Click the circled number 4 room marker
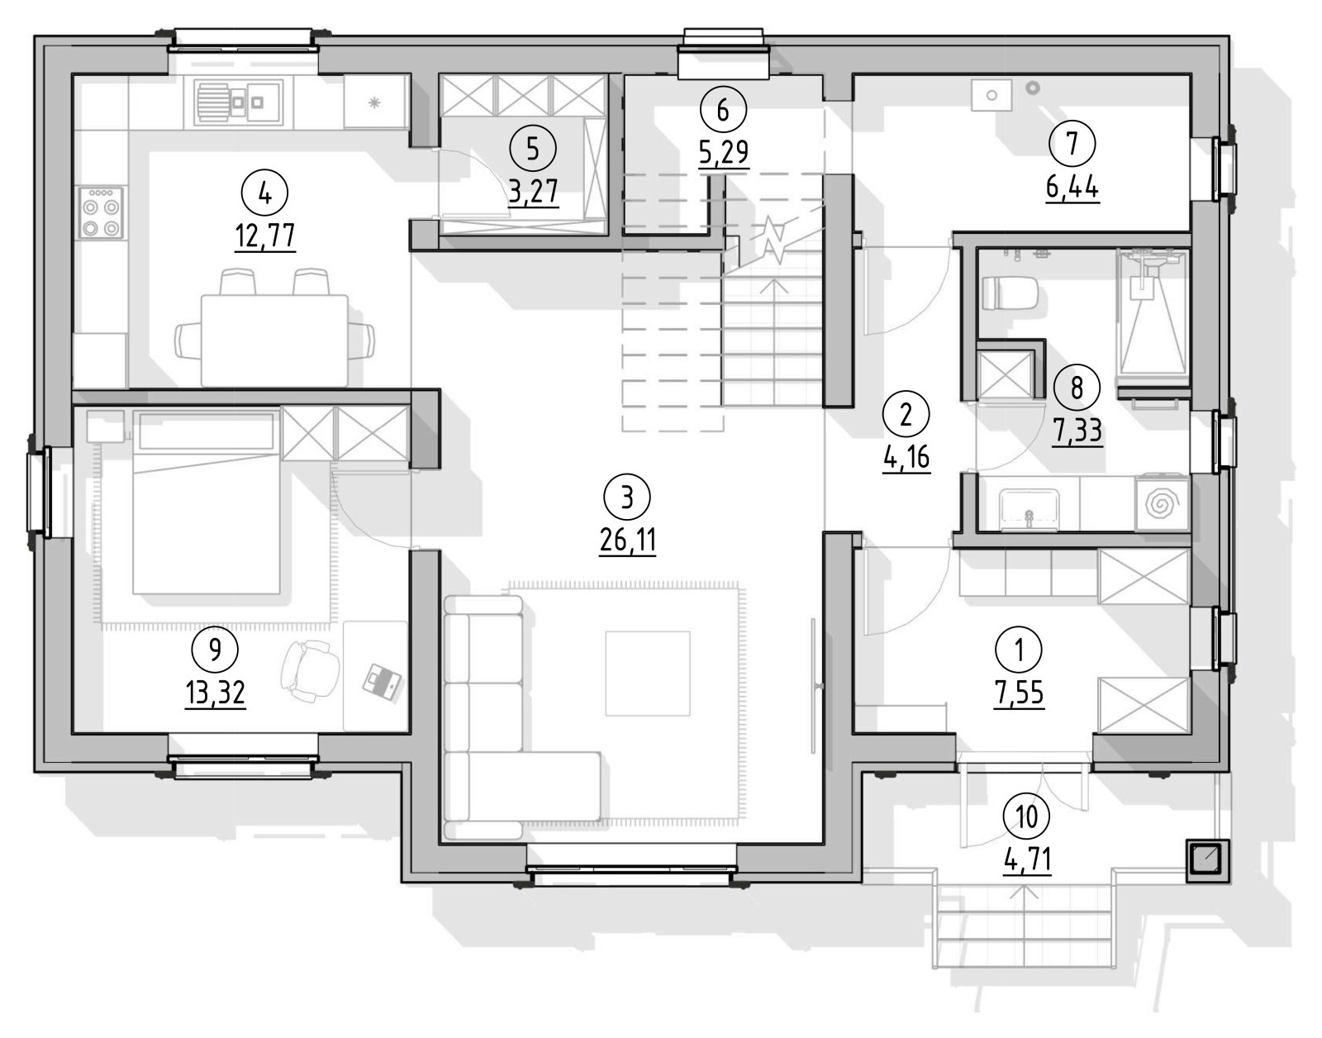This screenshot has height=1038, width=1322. (264, 194)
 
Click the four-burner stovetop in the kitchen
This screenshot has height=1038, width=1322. (101, 212)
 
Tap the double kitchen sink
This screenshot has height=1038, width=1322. (239, 102)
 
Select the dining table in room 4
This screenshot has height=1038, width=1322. (274, 340)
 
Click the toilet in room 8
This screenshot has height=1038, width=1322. (1010, 294)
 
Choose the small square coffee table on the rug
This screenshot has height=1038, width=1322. (647, 674)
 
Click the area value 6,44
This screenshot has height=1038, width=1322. (1072, 188)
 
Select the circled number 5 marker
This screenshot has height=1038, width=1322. (533, 149)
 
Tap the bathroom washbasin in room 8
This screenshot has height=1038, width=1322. (1029, 510)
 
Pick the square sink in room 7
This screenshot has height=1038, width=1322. (991, 96)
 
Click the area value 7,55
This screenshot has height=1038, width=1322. (1019, 693)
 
